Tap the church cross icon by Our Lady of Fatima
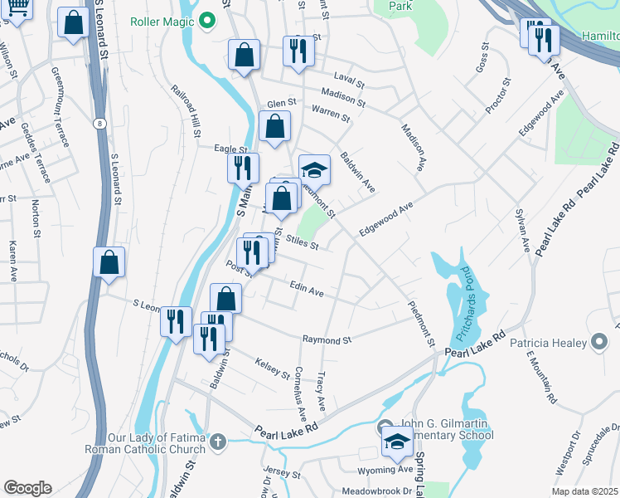tap(217, 441)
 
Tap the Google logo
tap(27, 488)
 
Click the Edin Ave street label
tap(306, 289)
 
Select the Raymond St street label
tap(327, 340)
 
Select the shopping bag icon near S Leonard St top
tap(74, 25)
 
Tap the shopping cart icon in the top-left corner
tap(19, 8)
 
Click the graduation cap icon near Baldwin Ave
tap(314, 170)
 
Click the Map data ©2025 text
tap(585, 491)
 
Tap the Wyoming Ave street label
tap(392, 469)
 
